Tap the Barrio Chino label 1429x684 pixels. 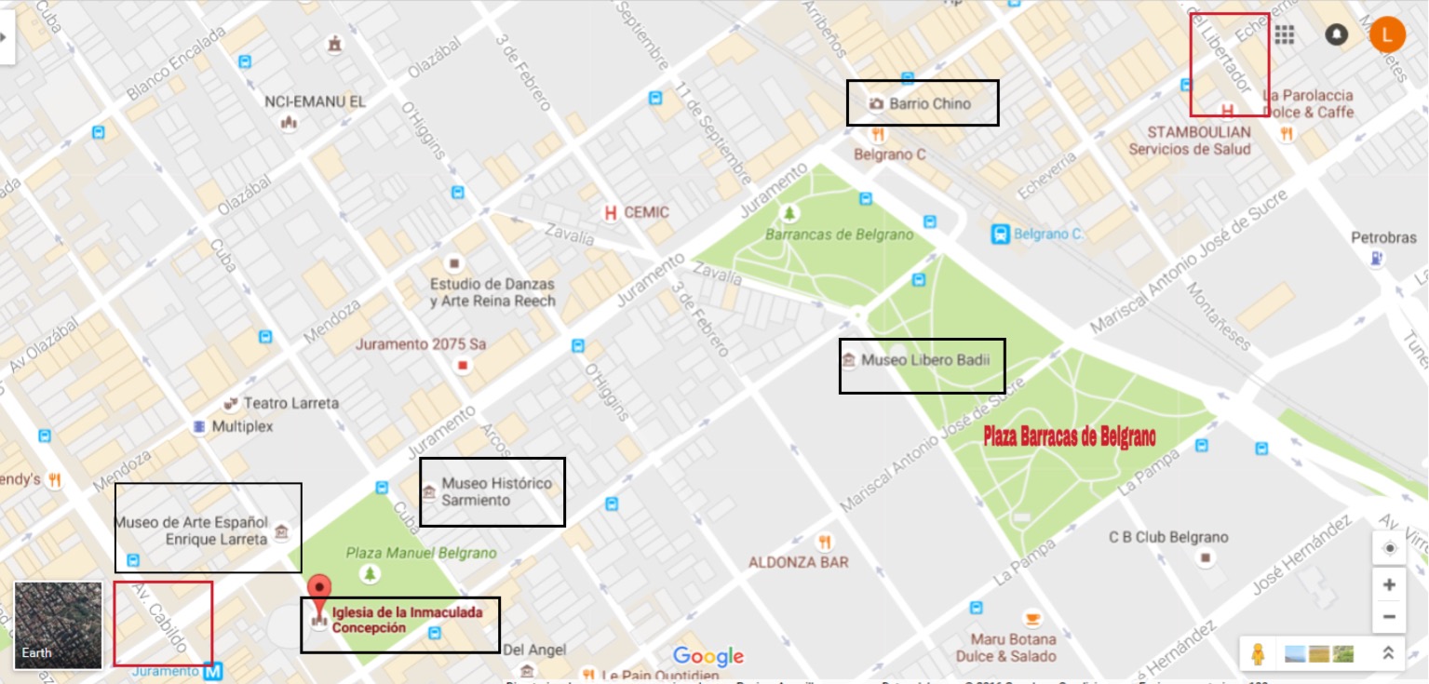click(929, 103)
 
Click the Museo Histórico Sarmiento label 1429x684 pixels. click(495, 491)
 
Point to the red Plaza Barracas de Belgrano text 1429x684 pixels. click(1070, 436)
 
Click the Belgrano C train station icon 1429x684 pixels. click(1001, 234)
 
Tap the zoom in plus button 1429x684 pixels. click(1389, 584)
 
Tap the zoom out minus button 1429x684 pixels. click(1389, 616)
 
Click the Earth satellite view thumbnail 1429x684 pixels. click(58, 624)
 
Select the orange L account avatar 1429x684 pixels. click(1387, 35)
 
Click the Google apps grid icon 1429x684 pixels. click(1285, 35)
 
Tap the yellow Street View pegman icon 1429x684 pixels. click(1259, 654)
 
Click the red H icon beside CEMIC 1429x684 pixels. click(611, 213)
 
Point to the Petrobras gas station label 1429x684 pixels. click(1383, 238)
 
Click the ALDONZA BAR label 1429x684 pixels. click(798, 562)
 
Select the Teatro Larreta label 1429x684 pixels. click(290, 403)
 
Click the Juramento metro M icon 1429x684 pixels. click(213, 670)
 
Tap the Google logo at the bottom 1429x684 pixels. click(708, 657)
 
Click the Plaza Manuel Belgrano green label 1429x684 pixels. click(421, 553)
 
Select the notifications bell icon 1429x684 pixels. click(1337, 35)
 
